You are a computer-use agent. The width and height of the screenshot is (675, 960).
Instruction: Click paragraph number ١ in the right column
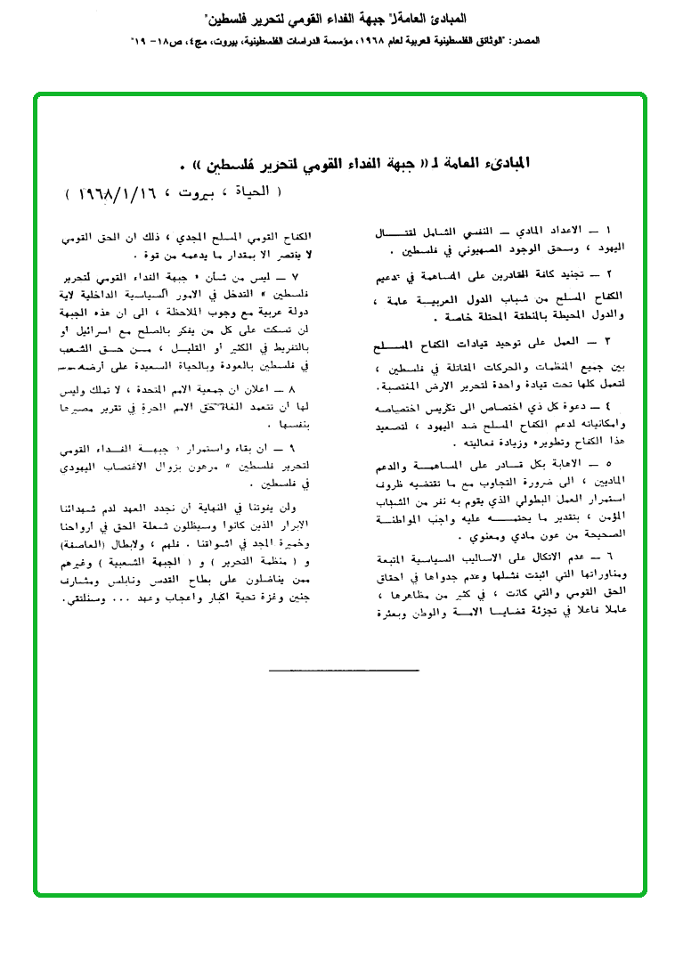pos(631,230)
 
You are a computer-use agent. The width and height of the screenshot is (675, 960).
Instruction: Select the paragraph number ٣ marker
pos(631,341)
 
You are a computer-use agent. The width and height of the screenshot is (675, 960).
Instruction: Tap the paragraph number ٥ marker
pos(631,463)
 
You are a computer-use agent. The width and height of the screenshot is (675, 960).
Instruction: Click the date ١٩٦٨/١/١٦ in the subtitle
pos(106,191)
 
